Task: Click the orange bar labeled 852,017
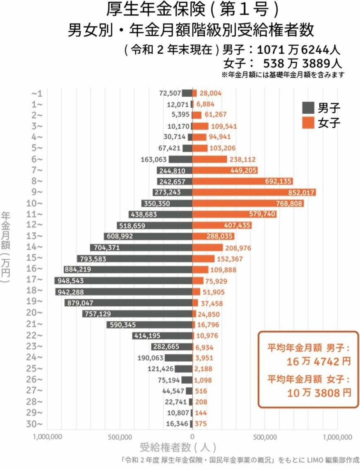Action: click(254, 192)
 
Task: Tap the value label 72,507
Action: click(170, 93)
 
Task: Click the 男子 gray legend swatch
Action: click(308, 108)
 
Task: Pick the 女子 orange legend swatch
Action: click(308, 123)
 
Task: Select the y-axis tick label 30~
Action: click(36, 424)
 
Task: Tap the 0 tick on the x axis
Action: click(192, 437)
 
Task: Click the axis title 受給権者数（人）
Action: click(178, 447)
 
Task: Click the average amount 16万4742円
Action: click(318, 361)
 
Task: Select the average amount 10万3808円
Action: click(318, 392)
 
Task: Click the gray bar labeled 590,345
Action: click(149, 325)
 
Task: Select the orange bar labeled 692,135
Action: click(242, 181)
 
